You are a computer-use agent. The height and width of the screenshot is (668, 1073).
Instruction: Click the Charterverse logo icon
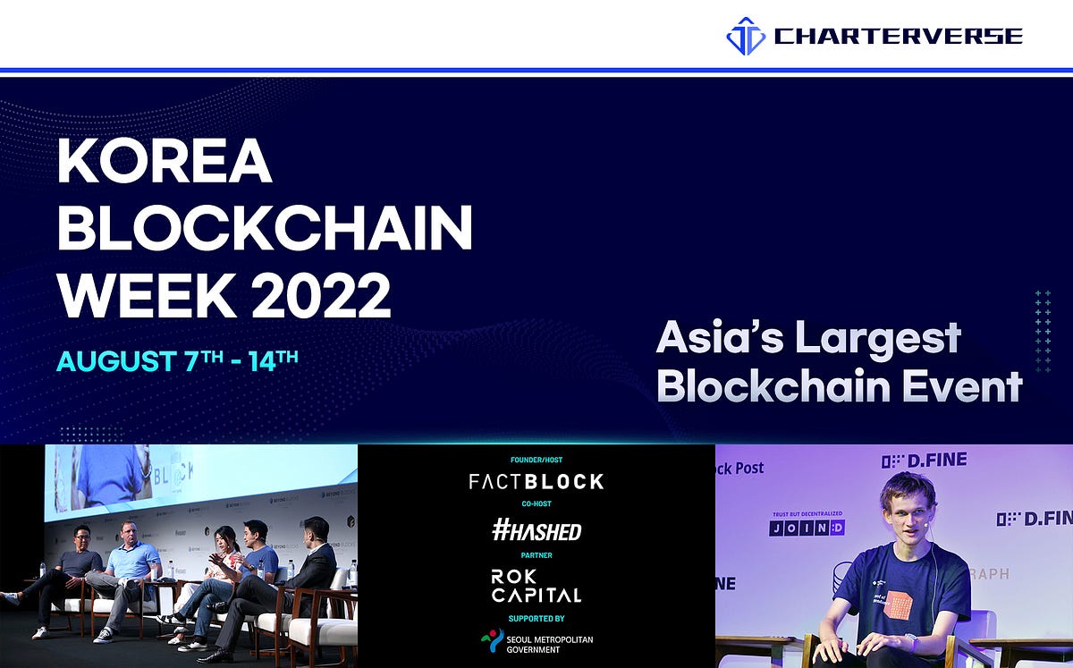(746, 37)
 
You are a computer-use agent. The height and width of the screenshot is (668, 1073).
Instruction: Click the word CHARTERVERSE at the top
(898, 37)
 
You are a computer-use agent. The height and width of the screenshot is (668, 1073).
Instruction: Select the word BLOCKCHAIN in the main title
(265, 229)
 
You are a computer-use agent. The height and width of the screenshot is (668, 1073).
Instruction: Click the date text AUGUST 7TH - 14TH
(177, 360)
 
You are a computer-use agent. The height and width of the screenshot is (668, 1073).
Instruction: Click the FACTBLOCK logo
(536, 482)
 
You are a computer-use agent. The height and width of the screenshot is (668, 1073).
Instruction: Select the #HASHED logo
(536, 531)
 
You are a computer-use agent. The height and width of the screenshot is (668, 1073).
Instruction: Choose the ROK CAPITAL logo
(536, 586)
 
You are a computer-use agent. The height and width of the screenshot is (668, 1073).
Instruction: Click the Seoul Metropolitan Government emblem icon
(491, 641)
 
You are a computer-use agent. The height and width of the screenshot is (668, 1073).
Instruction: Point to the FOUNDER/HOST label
(536, 460)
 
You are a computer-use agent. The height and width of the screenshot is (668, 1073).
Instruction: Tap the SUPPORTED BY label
(536, 618)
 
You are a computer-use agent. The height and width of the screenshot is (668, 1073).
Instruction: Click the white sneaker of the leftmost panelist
(39, 632)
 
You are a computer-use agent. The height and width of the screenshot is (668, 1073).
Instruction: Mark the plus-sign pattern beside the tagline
(1043, 330)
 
